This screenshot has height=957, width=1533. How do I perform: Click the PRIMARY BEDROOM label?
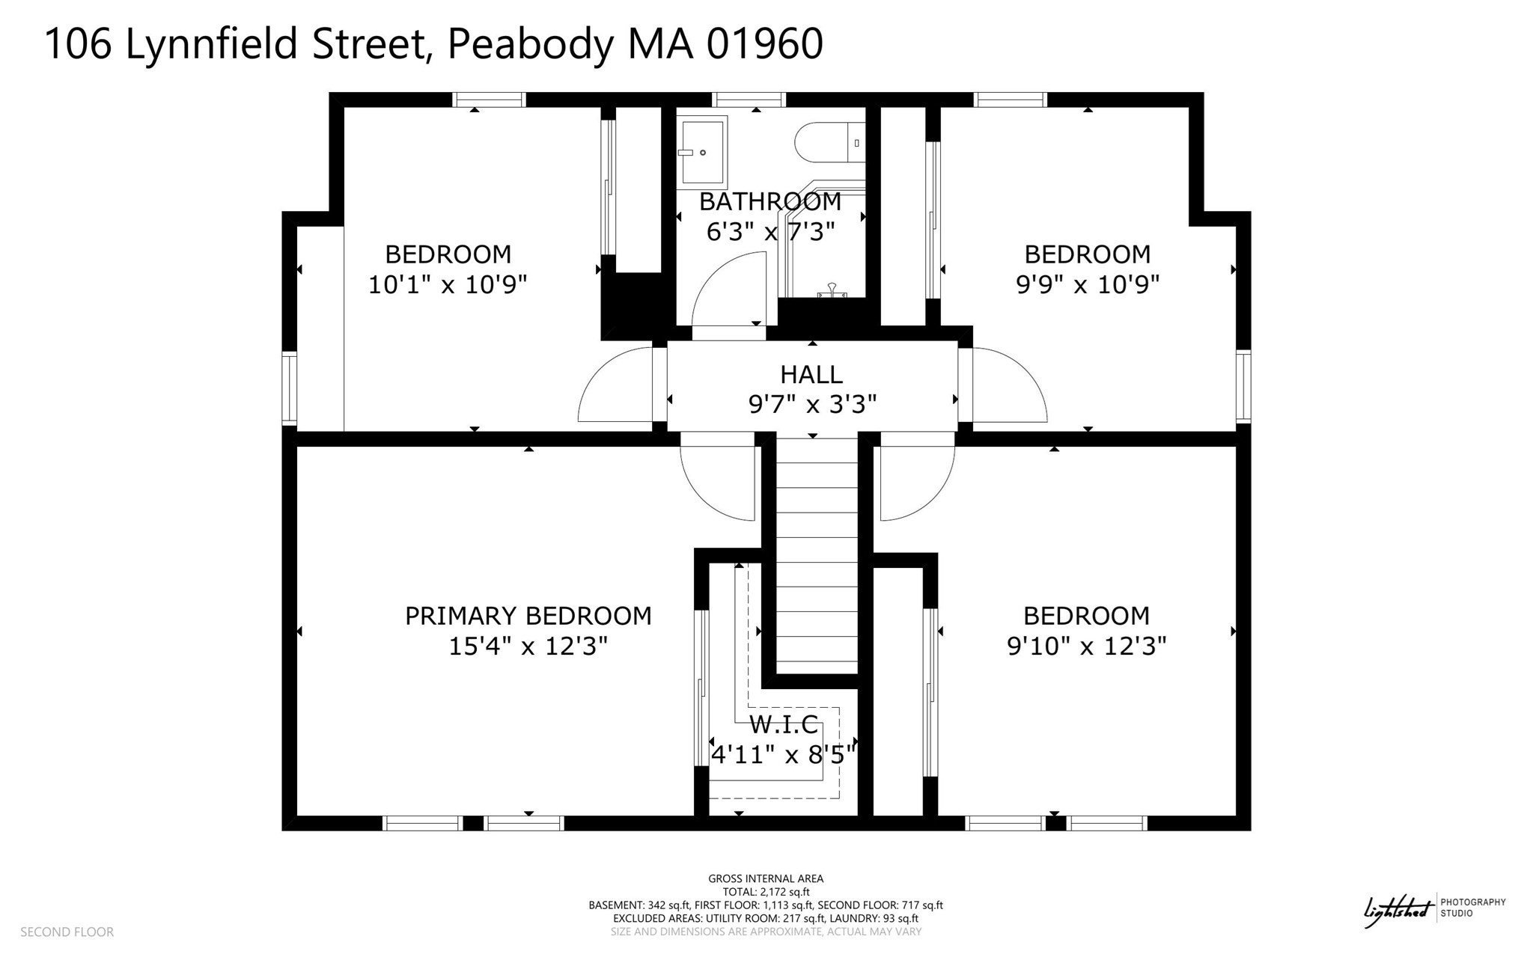pos(528,616)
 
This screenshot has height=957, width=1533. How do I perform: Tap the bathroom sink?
pos(703,152)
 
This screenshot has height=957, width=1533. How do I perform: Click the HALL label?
pos(811,374)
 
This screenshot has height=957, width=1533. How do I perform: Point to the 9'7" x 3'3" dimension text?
pos(812,405)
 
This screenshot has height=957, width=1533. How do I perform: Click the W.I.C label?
pos(784,724)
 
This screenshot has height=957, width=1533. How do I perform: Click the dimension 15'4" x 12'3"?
pos(528,646)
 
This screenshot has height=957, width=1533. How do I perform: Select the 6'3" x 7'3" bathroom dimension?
pos(770,232)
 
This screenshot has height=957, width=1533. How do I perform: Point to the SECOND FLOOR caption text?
pos(67,932)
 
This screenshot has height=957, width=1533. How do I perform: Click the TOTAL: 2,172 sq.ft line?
pos(766,892)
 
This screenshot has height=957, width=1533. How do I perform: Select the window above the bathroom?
pos(749,100)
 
